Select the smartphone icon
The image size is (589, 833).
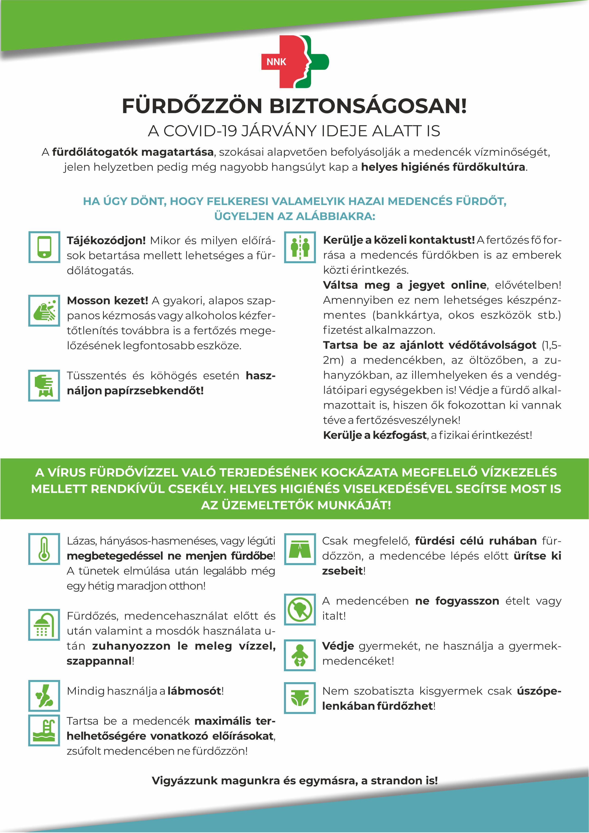[44, 247]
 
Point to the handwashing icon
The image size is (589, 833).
[44, 310]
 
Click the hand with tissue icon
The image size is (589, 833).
[44, 385]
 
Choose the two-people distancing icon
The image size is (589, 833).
[300, 247]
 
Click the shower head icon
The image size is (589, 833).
[44, 624]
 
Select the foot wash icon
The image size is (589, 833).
[44, 695]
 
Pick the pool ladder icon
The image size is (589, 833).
[44, 730]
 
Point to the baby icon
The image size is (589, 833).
[300, 655]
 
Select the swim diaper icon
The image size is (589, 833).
[300, 698]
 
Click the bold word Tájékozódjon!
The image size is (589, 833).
[106, 241]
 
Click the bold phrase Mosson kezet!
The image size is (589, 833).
[107, 300]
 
